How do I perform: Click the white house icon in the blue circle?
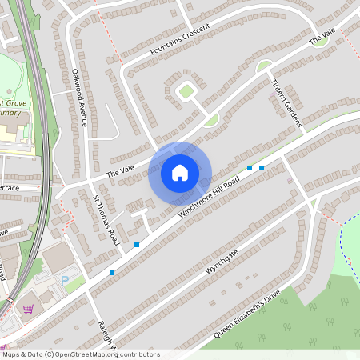180,173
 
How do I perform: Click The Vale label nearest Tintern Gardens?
322,36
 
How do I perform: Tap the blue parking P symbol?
65,281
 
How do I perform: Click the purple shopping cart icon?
29,309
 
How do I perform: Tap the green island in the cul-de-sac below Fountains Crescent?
186,91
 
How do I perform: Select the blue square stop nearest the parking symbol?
111,273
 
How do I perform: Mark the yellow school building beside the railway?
16,130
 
